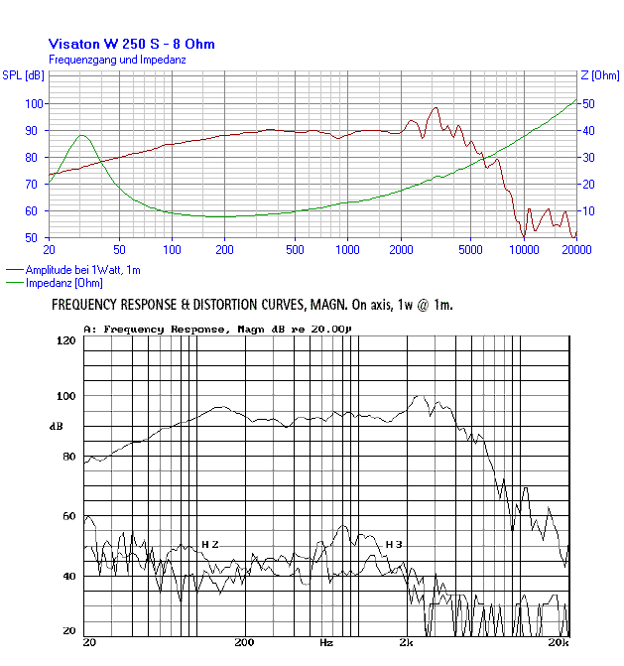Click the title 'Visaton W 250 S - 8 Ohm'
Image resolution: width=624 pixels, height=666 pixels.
pos(131,44)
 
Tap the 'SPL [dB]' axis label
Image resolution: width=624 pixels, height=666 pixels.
pos(23,75)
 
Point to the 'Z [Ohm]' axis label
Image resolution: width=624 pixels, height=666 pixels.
pos(599,75)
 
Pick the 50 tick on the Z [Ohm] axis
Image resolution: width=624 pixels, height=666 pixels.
pos(587,103)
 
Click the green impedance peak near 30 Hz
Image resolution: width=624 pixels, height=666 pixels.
pos(82,136)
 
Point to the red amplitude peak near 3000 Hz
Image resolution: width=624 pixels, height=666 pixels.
pos(435,107)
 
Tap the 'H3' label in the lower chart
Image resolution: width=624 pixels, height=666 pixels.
pos(394,545)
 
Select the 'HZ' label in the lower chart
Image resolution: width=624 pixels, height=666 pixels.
pos(210,545)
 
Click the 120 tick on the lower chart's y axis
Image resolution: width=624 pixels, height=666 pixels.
pos(66,340)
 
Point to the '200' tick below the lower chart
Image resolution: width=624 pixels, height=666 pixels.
pos(245,643)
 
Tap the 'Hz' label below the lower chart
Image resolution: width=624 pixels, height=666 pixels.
pos(326,643)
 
